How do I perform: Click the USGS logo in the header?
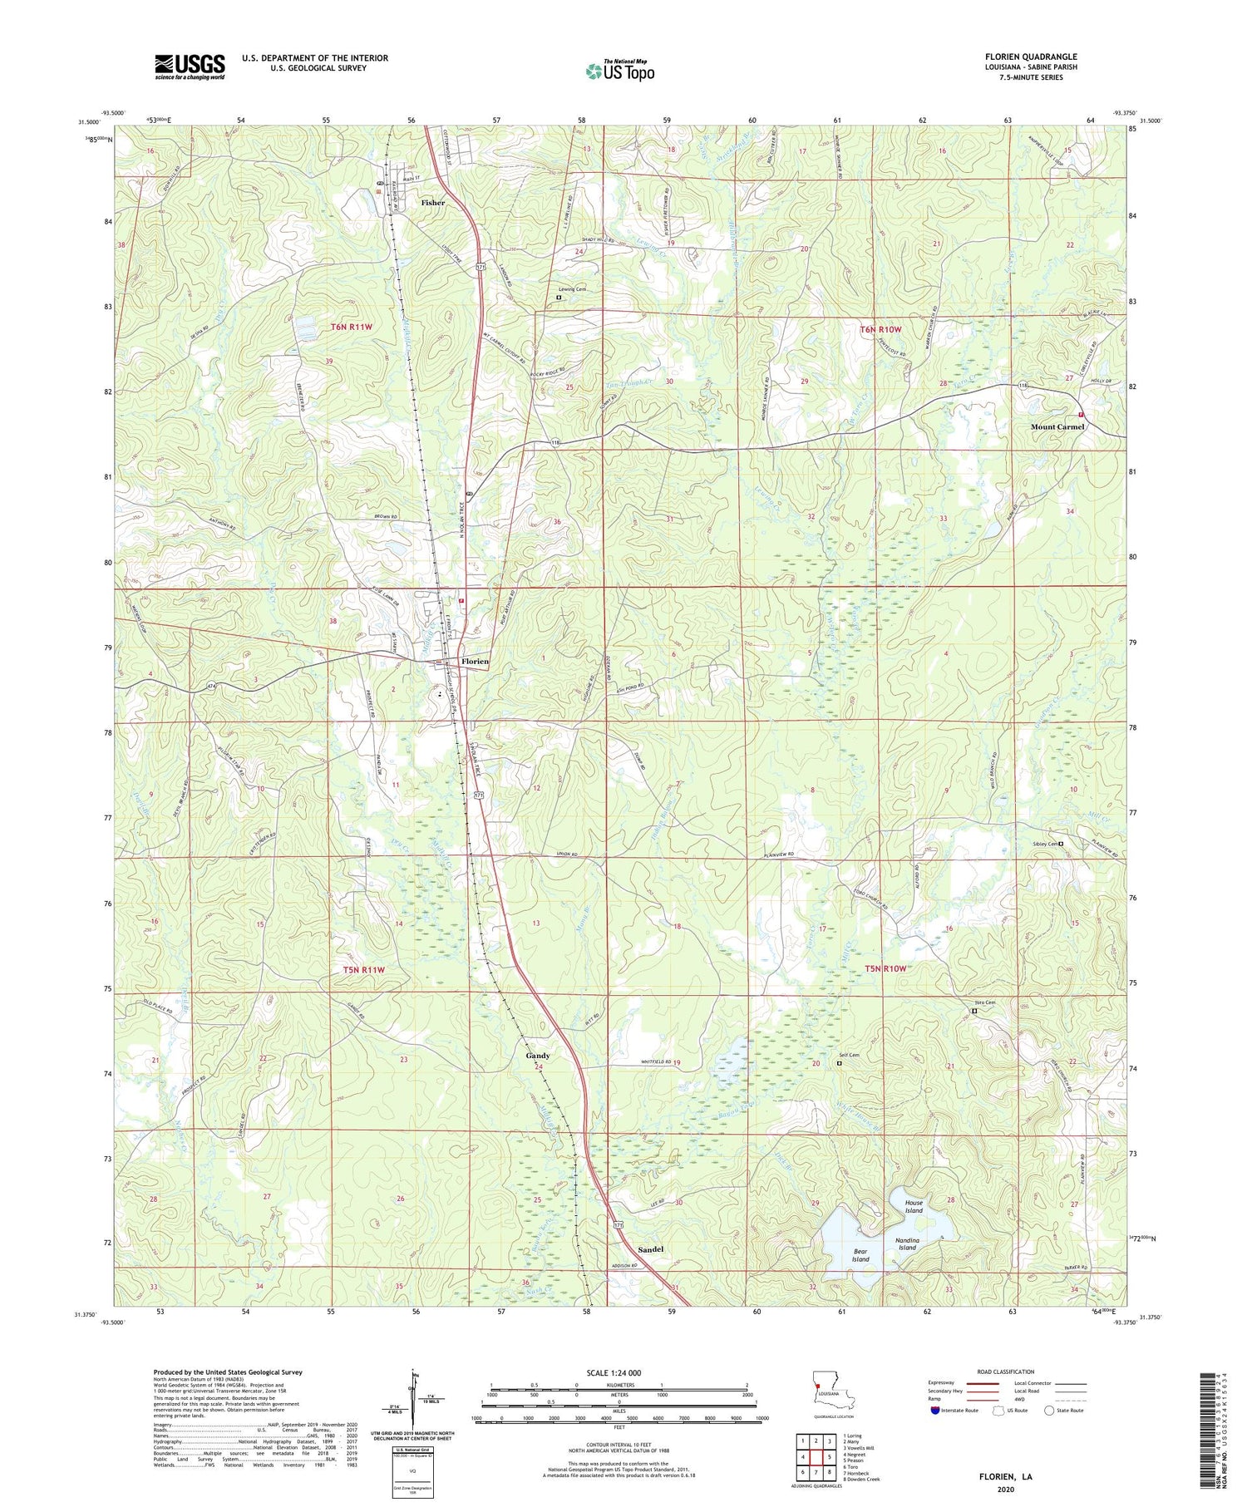click(x=190, y=66)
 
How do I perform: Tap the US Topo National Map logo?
click(x=619, y=71)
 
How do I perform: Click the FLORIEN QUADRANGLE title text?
click(x=1029, y=57)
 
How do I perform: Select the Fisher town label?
click(x=432, y=203)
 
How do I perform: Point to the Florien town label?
click(x=475, y=662)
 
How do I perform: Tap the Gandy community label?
click(x=538, y=1056)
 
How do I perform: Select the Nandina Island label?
click(x=906, y=1244)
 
